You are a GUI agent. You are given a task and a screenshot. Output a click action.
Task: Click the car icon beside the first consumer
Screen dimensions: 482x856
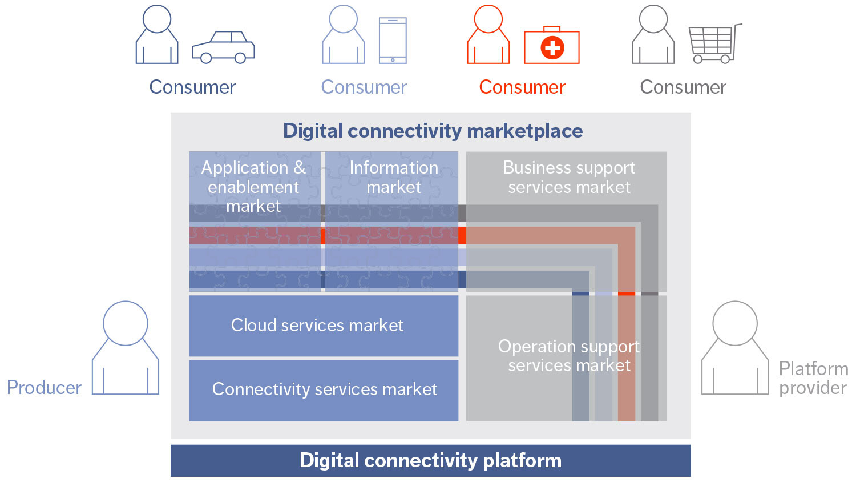(x=223, y=47)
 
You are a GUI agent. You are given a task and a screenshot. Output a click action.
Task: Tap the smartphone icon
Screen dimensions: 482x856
(x=393, y=40)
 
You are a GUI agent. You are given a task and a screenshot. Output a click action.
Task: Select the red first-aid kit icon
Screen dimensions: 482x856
(x=551, y=46)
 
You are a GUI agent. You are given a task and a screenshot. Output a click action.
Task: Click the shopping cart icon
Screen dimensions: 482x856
(x=713, y=43)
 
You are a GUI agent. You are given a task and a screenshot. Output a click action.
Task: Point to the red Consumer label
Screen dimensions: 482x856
(x=522, y=87)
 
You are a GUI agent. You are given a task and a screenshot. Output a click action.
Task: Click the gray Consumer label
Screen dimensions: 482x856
(x=683, y=87)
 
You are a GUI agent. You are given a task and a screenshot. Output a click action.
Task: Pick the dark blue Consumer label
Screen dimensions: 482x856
(x=192, y=87)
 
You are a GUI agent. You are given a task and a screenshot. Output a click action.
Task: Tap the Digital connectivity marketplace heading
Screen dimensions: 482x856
(x=433, y=131)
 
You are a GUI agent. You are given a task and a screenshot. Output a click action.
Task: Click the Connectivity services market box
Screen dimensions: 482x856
(x=324, y=389)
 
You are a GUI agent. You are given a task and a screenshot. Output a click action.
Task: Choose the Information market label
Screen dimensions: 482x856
(x=393, y=177)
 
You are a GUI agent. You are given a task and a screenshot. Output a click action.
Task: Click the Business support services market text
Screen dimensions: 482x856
(x=568, y=177)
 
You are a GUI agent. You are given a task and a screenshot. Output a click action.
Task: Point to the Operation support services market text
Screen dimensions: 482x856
(x=568, y=355)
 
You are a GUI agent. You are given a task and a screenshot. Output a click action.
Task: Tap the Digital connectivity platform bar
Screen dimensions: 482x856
(x=430, y=460)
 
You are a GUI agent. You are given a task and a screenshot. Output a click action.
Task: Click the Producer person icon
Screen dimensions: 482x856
(x=126, y=348)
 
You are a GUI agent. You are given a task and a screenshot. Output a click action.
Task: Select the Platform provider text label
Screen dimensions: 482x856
(x=813, y=378)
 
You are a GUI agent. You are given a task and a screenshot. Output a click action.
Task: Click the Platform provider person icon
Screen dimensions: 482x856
(x=734, y=348)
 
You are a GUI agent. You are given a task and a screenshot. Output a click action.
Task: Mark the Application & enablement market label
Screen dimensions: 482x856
(x=253, y=186)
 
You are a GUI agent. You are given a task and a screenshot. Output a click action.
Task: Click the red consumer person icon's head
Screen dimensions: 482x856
(x=488, y=19)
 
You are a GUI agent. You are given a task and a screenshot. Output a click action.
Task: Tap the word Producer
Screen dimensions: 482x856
(x=44, y=388)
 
